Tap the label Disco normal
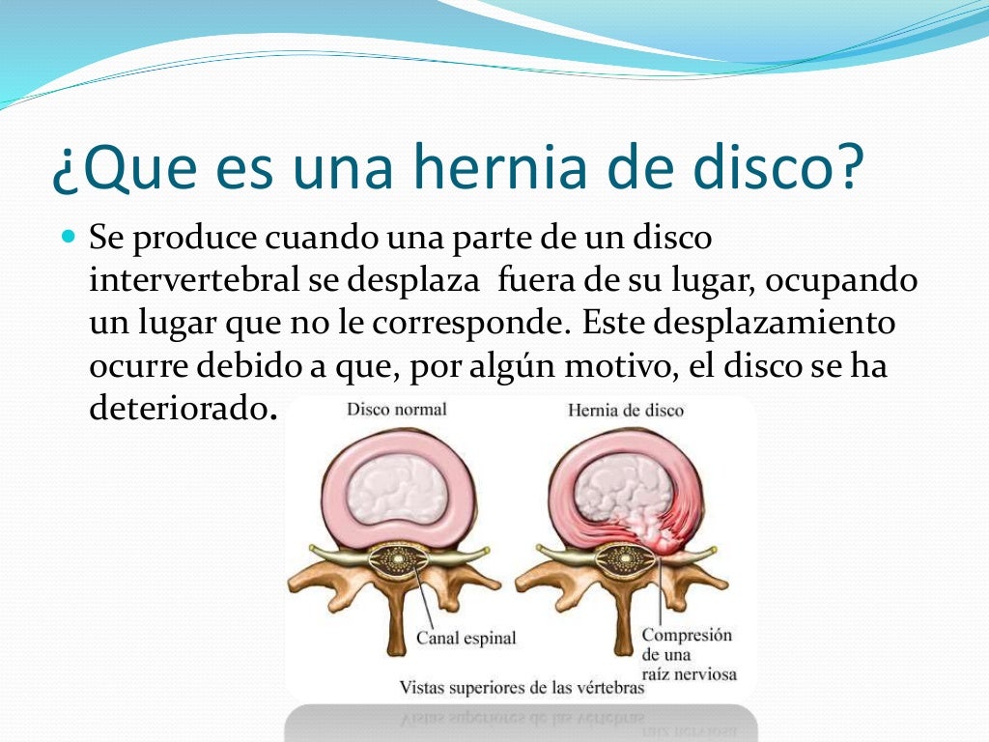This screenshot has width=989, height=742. click(396, 410)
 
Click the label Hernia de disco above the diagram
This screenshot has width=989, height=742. click(625, 411)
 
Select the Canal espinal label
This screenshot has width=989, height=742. click(466, 638)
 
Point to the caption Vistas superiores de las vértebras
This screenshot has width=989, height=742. click(522, 688)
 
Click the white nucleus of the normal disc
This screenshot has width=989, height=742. click(397, 489)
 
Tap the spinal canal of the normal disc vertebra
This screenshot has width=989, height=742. click(397, 559)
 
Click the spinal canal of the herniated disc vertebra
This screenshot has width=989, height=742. click(623, 560)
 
